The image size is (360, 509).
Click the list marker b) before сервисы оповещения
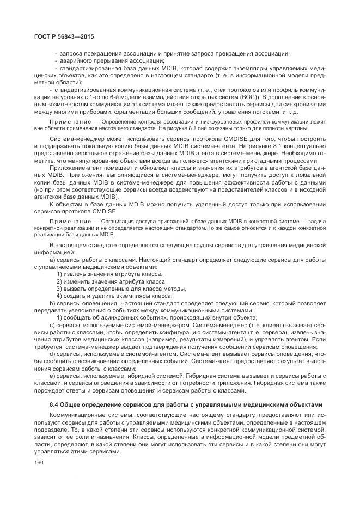coord(52,303)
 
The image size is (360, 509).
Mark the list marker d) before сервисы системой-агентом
coord(52,353)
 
